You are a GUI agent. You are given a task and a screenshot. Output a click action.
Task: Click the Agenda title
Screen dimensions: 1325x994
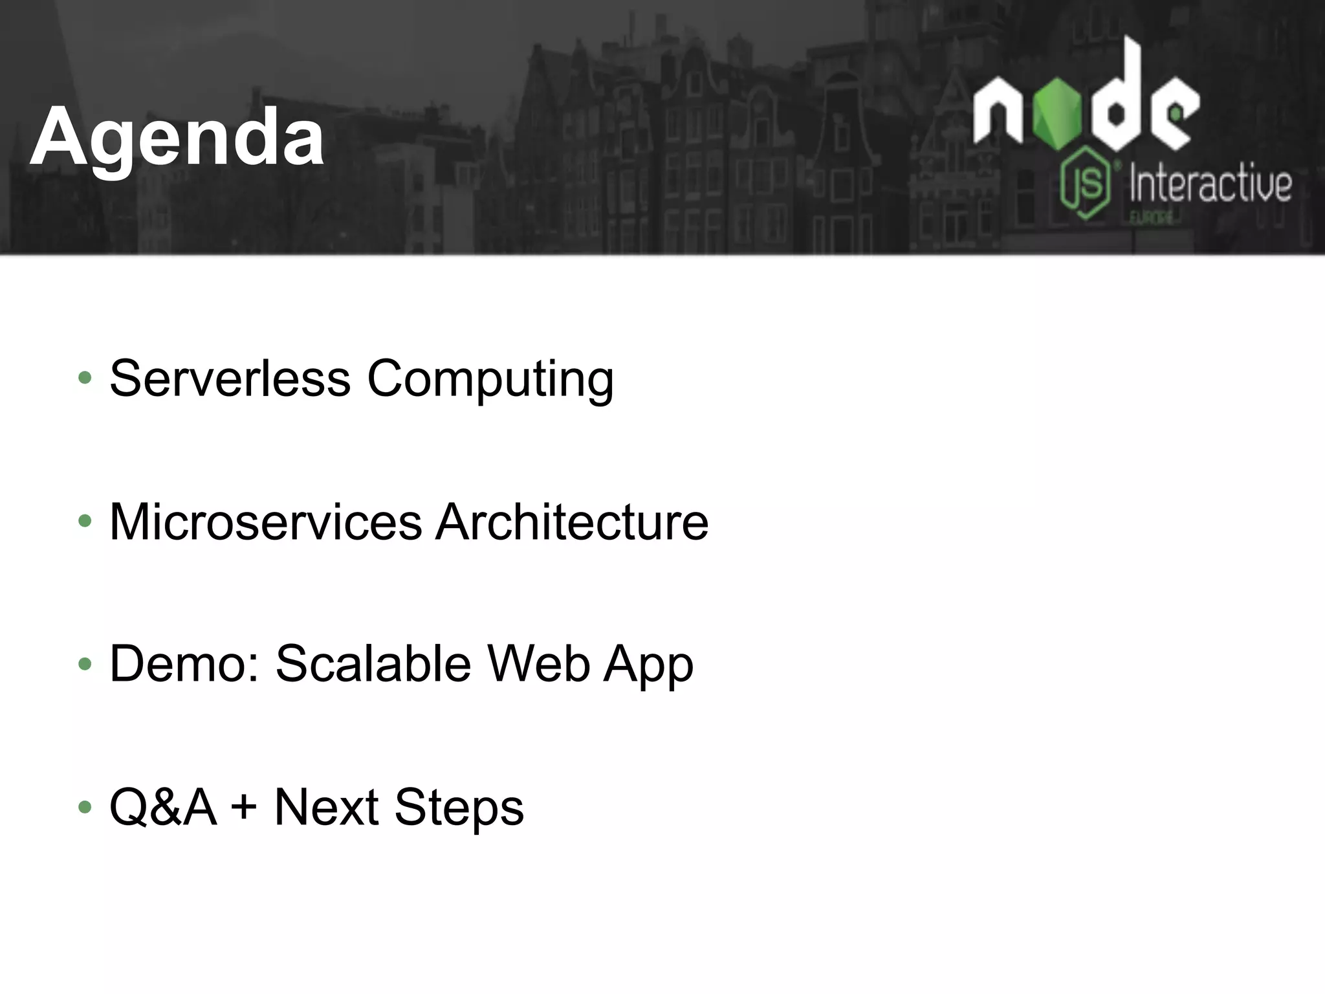click(x=177, y=138)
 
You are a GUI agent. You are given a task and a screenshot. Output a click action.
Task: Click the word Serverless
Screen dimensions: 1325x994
click(x=230, y=379)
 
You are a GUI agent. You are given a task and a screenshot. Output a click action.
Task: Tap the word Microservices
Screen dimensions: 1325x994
click(x=265, y=522)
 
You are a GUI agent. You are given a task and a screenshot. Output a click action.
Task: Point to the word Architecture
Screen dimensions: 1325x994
click(x=572, y=522)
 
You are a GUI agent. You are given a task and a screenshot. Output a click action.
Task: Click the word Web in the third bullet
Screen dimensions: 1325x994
click(x=538, y=664)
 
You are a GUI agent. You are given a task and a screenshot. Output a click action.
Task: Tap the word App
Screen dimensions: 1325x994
click(x=648, y=667)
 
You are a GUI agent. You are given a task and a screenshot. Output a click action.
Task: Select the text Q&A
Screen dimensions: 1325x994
click(x=162, y=808)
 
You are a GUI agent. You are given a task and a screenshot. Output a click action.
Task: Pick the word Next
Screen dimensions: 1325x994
click(x=326, y=808)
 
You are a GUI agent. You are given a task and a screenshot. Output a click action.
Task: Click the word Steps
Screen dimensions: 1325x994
click(x=459, y=809)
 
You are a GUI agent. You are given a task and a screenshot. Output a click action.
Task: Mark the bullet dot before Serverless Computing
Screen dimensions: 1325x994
click(x=85, y=378)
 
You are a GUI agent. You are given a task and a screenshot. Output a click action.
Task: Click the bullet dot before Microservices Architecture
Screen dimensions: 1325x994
click(x=85, y=521)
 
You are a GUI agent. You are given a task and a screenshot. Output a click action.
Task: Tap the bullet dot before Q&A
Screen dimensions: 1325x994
click(x=85, y=807)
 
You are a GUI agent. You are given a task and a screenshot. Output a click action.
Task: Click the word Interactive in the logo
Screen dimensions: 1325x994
click(x=1210, y=184)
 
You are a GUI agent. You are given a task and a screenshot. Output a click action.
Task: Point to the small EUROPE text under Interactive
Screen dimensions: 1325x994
click(x=1152, y=218)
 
